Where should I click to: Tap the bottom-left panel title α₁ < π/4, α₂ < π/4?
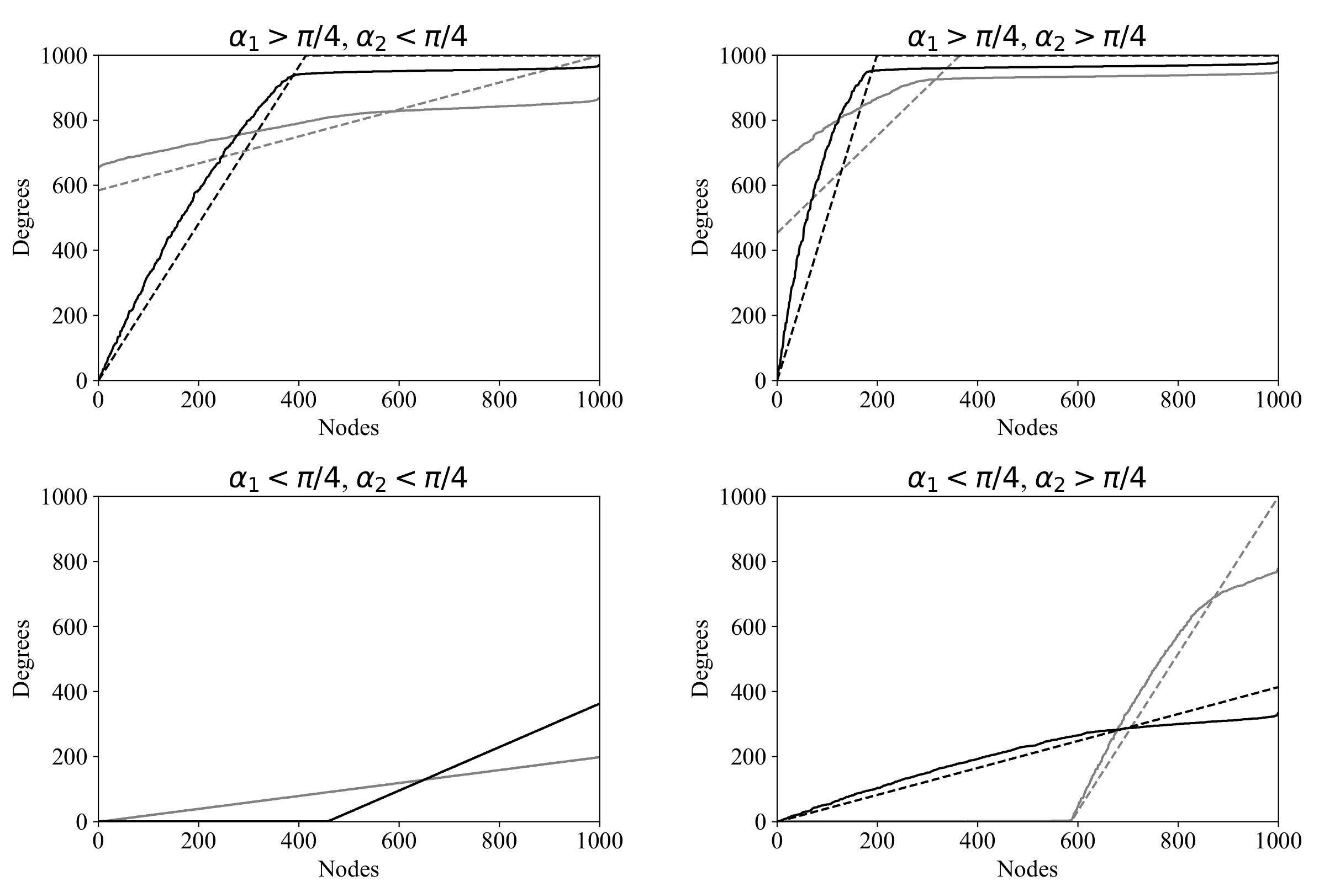click(x=348, y=479)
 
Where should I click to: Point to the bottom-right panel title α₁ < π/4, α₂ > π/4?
click(x=1027, y=479)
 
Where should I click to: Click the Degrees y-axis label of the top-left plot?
click(x=22, y=217)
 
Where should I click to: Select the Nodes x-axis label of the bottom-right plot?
click(x=1027, y=869)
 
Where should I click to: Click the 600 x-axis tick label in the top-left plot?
click(x=398, y=400)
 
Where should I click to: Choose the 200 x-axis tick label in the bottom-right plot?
click(x=877, y=841)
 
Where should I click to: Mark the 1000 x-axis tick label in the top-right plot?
click(x=1278, y=400)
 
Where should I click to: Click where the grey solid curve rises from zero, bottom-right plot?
click(x=1071, y=820)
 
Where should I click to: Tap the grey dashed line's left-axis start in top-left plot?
click(x=99, y=190)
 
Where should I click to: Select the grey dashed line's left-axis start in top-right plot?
click(x=778, y=233)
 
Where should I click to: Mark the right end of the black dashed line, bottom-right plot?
click(x=1278, y=687)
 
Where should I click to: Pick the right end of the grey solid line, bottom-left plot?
click(x=599, y=756)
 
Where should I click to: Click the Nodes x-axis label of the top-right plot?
click(x=1027, y=428)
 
